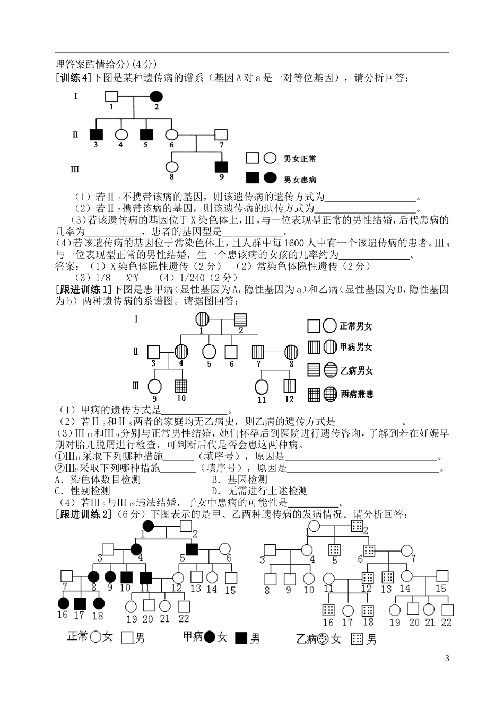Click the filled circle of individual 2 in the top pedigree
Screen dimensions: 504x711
click(156, 96)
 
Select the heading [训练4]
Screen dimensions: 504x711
click(74, 78)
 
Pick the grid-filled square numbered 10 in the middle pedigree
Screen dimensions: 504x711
click(181, 387)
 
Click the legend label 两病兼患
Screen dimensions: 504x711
click(357, 394)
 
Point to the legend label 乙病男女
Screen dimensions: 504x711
click(357, 370)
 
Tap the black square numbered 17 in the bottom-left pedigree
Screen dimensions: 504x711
click(79, 603)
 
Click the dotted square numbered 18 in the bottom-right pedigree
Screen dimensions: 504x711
click(367, 610)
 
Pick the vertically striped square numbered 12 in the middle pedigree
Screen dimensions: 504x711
click(289, 387)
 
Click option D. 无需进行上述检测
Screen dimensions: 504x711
click(259, 491)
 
